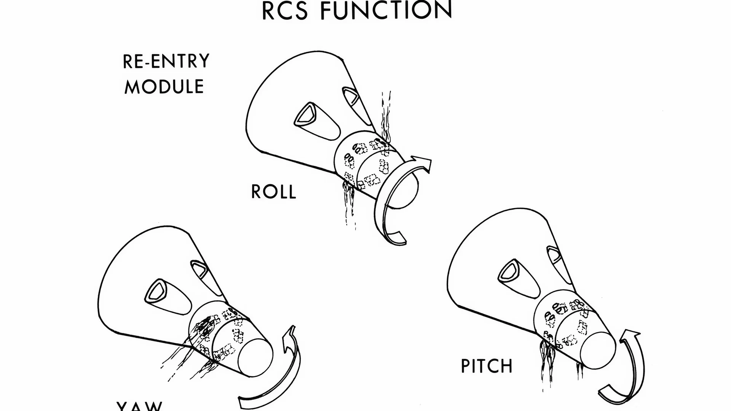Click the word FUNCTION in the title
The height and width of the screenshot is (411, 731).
pyautogui.click(x=386, y=10)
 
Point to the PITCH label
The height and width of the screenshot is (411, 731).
pyautogui.click(x=487, y=366)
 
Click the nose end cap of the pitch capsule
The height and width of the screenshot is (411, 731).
pyautogui.click(x=599, y=350)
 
